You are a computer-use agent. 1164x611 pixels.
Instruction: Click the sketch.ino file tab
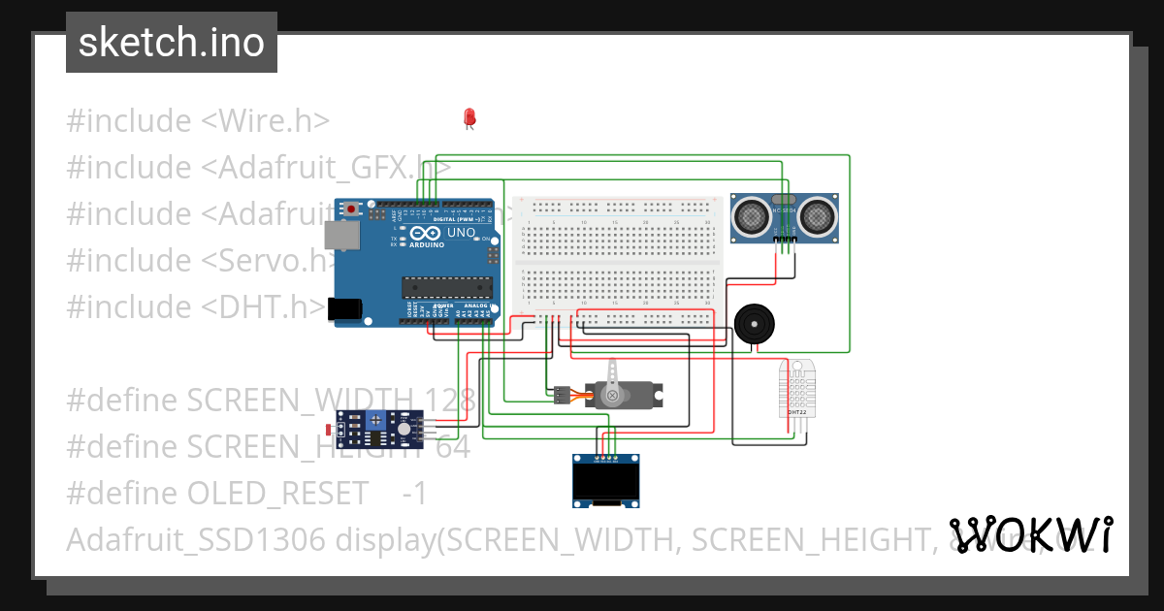[x=172, y=43]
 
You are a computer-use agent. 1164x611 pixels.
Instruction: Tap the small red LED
[x=469, y=117]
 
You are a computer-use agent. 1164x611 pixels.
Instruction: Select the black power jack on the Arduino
[x=345, y=308]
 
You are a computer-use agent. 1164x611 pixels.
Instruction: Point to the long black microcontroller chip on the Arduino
[x=447, y=285]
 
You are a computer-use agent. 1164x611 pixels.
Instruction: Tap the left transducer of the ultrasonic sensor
[x=751, y=214]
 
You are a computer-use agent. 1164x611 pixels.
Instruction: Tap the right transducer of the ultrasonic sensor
[x=818, y=214]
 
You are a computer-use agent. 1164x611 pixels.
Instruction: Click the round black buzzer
[x=754, y=323]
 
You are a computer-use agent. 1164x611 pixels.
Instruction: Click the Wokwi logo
[x=1031, y=534]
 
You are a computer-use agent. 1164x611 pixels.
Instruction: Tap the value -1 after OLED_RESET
[x=414, y=493]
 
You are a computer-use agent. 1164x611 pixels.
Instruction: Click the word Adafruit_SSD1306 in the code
[x=195, y=539]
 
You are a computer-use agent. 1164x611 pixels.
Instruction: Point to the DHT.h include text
[x=264, y=306]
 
